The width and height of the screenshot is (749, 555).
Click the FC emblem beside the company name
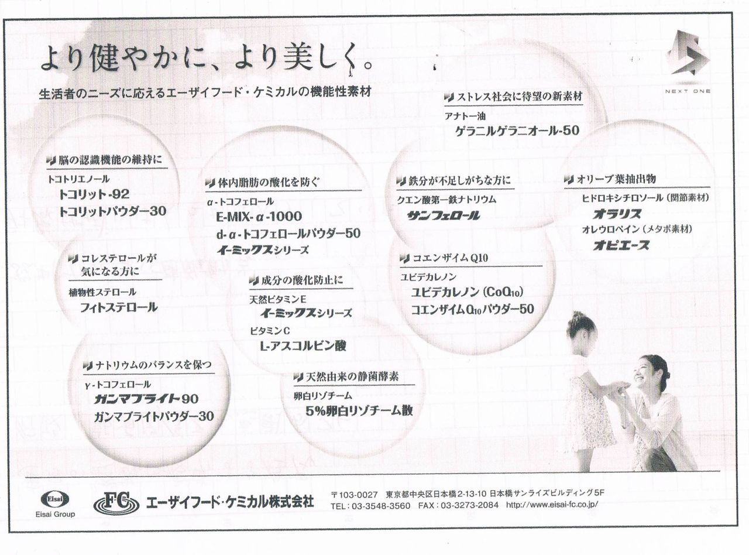(116, 502)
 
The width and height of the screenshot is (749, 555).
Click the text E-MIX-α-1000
(259, 217)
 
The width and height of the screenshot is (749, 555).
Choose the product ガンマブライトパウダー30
(154, 417)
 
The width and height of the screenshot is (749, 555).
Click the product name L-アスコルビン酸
(303, 345)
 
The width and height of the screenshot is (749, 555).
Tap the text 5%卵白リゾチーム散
(359, 410)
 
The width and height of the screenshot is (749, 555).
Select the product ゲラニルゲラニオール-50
(517, 131)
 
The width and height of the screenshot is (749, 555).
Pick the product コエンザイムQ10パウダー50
(472, 309)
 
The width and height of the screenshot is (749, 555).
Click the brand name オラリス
(617, 214)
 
